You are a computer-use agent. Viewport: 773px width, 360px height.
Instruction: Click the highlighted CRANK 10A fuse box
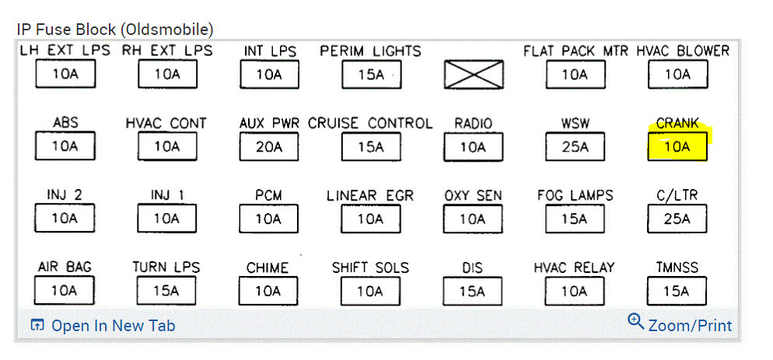(677, 146)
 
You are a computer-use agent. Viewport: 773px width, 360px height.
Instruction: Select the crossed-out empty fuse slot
(473, 75)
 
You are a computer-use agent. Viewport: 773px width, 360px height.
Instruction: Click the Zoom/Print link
(690, 325)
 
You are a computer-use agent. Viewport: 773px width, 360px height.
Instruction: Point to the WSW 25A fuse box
(575, 146)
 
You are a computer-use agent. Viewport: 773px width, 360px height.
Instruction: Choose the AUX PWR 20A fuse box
(268, 146)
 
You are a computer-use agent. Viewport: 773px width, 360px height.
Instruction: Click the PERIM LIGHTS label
(370, 51)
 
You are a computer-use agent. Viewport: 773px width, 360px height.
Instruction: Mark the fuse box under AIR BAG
(65, 291)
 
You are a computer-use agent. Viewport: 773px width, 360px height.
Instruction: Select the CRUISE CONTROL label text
(370, 124)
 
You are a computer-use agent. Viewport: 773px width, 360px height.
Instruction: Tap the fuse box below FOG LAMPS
(575, 218)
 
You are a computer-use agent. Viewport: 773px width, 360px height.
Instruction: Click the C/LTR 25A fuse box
(677, 218)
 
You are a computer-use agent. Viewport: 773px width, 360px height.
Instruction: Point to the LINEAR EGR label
(370, 195)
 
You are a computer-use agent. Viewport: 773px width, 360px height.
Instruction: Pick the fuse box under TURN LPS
(166, 291)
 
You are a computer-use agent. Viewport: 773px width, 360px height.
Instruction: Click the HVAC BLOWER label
(683, 51)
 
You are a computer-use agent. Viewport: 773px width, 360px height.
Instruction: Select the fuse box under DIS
(472, 291)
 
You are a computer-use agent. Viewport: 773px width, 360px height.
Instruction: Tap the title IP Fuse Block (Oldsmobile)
(114, 30)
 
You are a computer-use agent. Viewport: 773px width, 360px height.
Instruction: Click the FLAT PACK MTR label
(576, 51)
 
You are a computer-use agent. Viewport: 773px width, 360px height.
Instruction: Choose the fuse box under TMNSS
(677, 291)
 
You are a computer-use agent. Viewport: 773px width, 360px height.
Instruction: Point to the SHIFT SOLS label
(370, 267)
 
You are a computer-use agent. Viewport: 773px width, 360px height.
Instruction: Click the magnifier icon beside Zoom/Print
(636, 322)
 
